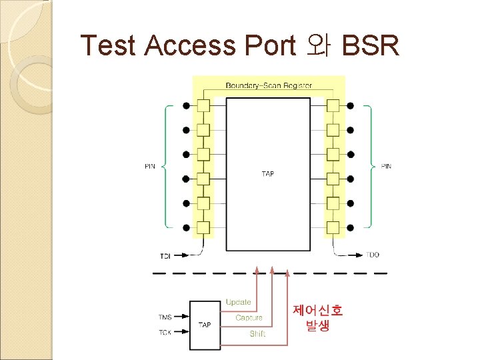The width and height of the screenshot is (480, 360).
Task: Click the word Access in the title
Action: (189, 45)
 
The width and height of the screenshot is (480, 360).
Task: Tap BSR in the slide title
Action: (370, 45)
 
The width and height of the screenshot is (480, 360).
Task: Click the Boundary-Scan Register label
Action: (269, 85)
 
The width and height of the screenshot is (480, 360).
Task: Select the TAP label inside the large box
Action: (268, 174)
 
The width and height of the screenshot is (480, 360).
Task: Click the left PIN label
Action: (149, 166)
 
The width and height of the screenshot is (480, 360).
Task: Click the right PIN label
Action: (386, 166)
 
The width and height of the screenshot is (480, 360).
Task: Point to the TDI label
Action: (165, 255)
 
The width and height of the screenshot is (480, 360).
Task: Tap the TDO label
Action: (373, 255)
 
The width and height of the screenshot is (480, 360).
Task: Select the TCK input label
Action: (165, 332)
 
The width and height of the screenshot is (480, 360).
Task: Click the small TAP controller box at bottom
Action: (205, 325)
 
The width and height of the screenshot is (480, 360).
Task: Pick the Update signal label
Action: (238, 303)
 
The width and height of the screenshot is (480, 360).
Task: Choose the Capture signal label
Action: (249, 318)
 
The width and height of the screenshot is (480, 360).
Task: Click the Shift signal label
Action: (257, 333)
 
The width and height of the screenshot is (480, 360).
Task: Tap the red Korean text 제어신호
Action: (318, 310)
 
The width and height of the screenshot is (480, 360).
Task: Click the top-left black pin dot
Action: (186, 106)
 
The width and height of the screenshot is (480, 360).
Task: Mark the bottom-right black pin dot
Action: (350, 227)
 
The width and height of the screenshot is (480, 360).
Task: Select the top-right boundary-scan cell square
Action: (333, 106)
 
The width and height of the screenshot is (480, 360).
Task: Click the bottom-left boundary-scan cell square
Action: (203, 227)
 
